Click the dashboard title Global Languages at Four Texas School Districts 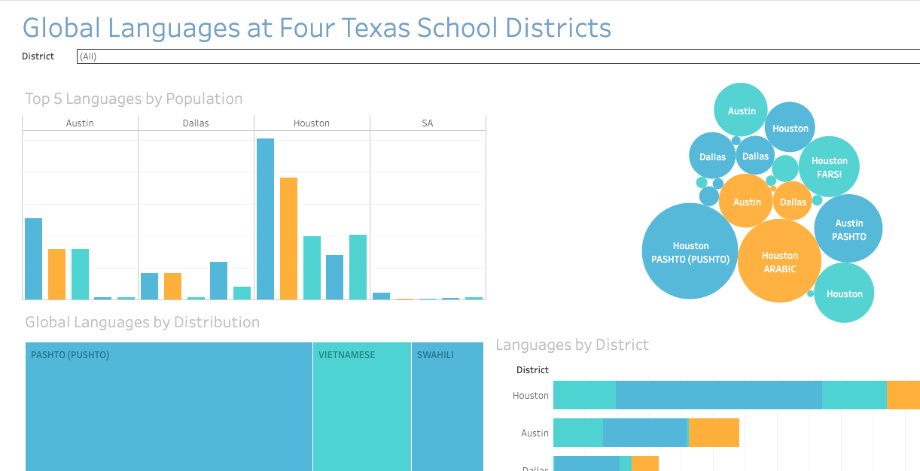[x=316, y=28]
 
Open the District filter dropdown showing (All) [x=497, y=56]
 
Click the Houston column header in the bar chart [x=312, y=123]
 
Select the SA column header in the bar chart [x=428, y=123]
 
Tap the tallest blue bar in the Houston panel [x=265, y=219]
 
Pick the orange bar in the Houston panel [x=288, y=239]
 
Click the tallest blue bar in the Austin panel [x=33, y=259]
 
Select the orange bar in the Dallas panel [x=172, y=286]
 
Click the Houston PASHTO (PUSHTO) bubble [x=690, y=251]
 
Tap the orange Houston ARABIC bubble [x=779, y=261]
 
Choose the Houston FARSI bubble [x=829, y=167]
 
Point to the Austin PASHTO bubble [x=848, y=229]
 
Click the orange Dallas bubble [x=792, y=202]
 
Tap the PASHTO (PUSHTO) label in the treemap [x=70, y=355]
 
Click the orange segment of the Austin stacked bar [x=714, y=433]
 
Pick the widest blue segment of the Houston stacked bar [x=718, y=395]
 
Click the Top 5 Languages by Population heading [x=133, y=99]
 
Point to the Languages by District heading [x=571, y=345]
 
